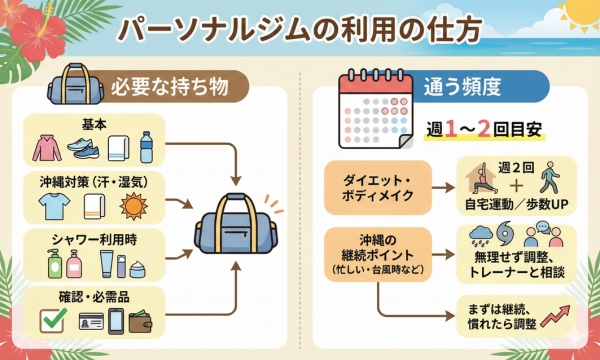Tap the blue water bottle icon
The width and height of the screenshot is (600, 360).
click(147, 147)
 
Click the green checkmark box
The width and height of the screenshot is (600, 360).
click(52, 322)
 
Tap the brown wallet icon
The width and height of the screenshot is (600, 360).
click(149, 323)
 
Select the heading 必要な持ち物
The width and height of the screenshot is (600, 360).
click(168, 87)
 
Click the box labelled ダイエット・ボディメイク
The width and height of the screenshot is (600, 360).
click(376, 186)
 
